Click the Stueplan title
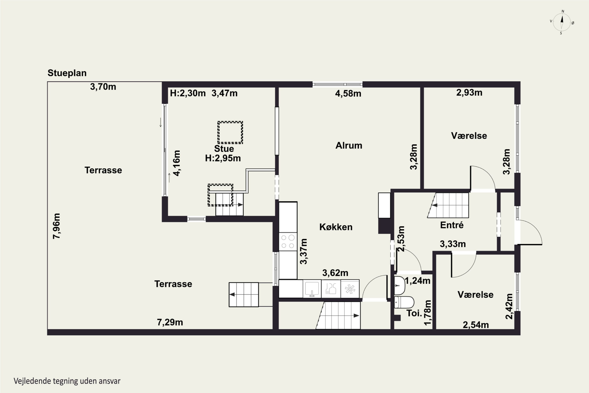click(x=67, y=73)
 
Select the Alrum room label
click(x=349, y=145)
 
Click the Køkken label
click(x=336, y=227)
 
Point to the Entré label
click(x=452, y=225)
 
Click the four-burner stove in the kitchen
click(x=288, y=242)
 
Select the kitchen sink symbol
click(x=312, y=289)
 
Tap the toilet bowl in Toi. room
click(x=404, y=302)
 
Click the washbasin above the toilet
click(x=400, y=286)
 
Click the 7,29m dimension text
click(x=170, y=322)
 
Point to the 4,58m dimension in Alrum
click(x=348, y=94)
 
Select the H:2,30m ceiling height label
click(x=188, y=93)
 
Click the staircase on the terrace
click(x=244, y=295)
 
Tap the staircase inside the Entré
click(x=448, y=205)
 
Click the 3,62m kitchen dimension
click(x=335, y=273)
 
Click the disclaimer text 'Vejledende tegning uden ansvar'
click(x=67, y=381)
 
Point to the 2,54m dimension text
click(x=476, y=325)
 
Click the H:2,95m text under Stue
click(x=223, y=158)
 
